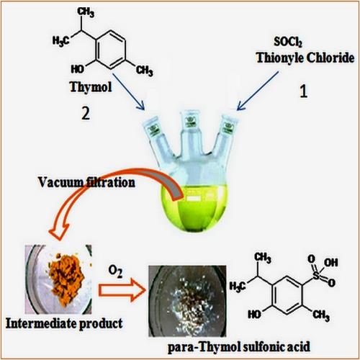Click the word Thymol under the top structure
click(x=91, y=87)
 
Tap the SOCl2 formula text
click(x=288, y=42)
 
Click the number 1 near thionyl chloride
click(x=304, y=91)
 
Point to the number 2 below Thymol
click(x=86, y=113)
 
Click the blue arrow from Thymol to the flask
click(x=128, y=91)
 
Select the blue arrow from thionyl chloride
click(x=258, y=91)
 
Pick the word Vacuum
click(x=60, y=182)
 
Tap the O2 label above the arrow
click(x=115, y=271)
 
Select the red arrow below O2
click(x=122, y=290)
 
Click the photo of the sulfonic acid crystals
click(x=187, y=301)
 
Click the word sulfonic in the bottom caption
click(x=261, y=347)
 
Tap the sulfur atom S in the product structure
click(x=317, y=275)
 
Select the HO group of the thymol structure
click(x=78, y=69)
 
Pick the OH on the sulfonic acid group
click(x=331, y=263)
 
